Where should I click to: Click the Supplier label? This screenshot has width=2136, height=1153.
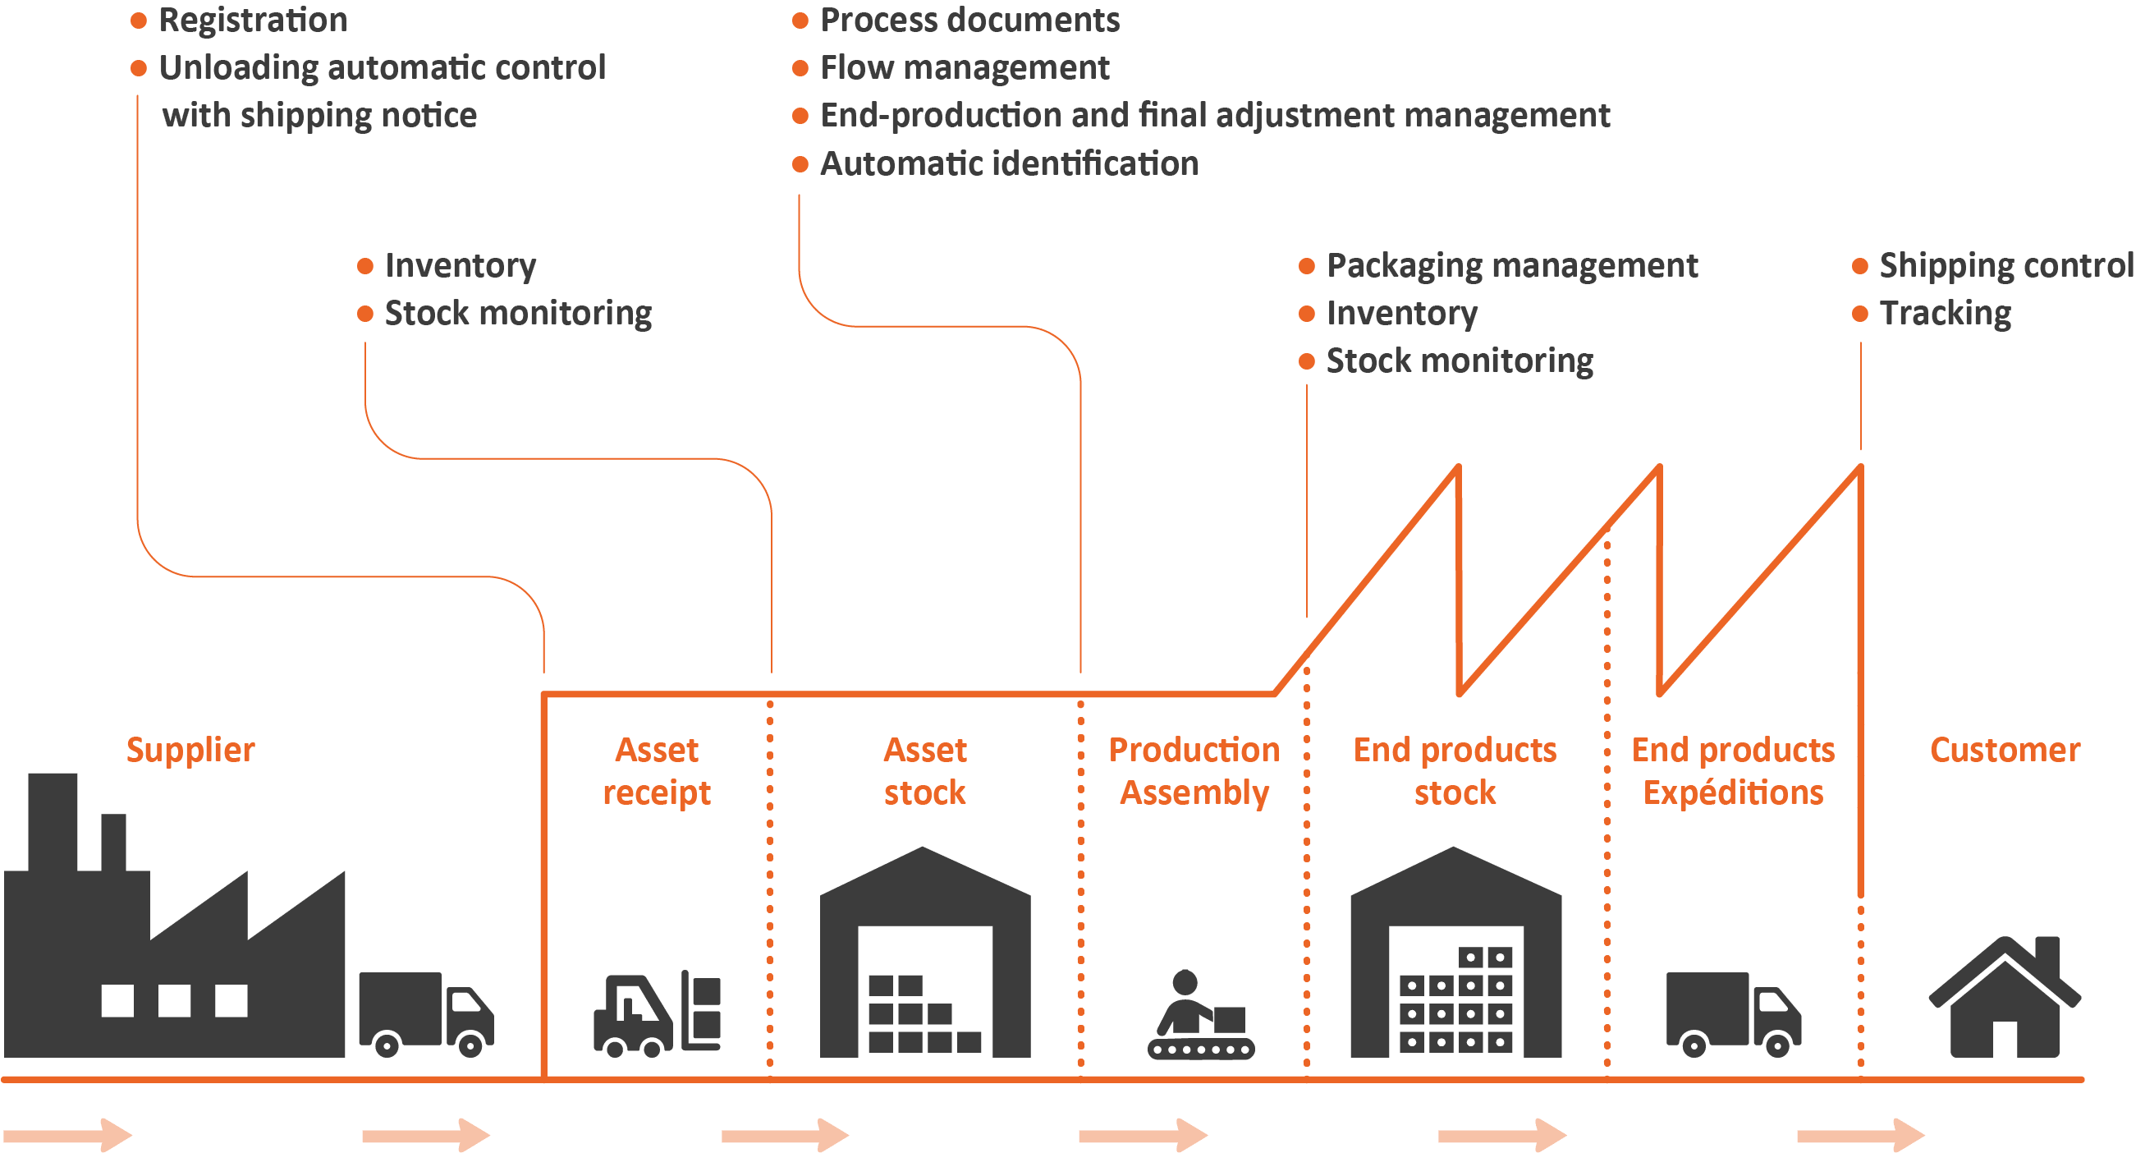coord(190,750)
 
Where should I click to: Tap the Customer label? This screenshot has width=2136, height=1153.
coord(2004,750)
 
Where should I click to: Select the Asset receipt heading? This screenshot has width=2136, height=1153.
coord(656,771)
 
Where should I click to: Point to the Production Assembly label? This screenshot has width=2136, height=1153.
coord(1194,771)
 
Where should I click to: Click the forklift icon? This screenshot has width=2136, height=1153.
coord(656,1013)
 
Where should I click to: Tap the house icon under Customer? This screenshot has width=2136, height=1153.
coord(2004,999)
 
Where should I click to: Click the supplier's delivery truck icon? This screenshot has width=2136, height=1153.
coord(425,1013)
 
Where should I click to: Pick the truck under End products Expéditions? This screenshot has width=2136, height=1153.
coord(1733,1013)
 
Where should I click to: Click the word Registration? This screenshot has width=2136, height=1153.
coord(253,20)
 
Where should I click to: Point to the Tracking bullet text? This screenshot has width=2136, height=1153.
coord(1945,314)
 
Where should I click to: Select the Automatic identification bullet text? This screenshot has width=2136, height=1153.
coord(1008,163)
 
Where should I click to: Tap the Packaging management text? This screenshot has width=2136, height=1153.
coord(1511,265)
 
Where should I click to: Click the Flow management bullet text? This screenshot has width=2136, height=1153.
coord(965,67)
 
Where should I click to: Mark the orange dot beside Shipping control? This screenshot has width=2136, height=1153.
coord(1860,266)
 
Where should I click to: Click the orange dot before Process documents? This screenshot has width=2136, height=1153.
coord(800,21)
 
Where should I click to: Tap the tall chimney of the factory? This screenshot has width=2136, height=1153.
coord(53,821)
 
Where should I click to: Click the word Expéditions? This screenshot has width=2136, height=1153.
coord(1733,793)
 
